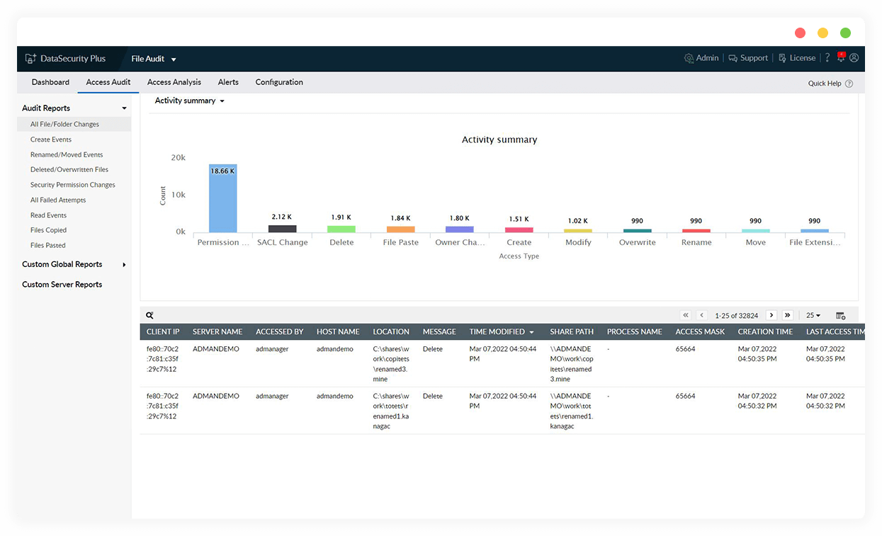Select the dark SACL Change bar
(282, 229)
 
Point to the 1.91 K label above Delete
(341, 217)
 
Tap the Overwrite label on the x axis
(638, 242)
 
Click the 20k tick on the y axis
(178, 157)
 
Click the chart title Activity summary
(499, 139)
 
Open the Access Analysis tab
(174, 82)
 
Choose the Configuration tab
(279, 82)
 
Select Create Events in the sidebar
(51, 139)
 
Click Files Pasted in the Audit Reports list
(48, 245)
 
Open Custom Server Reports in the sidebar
(62, 285)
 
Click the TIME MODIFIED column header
(497, 331)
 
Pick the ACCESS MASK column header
(700, 331)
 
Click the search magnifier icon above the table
(149, 315)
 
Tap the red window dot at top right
(800, 33)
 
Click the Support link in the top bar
(749, 58)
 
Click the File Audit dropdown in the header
(154, 59)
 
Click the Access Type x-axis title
(519, 256)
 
